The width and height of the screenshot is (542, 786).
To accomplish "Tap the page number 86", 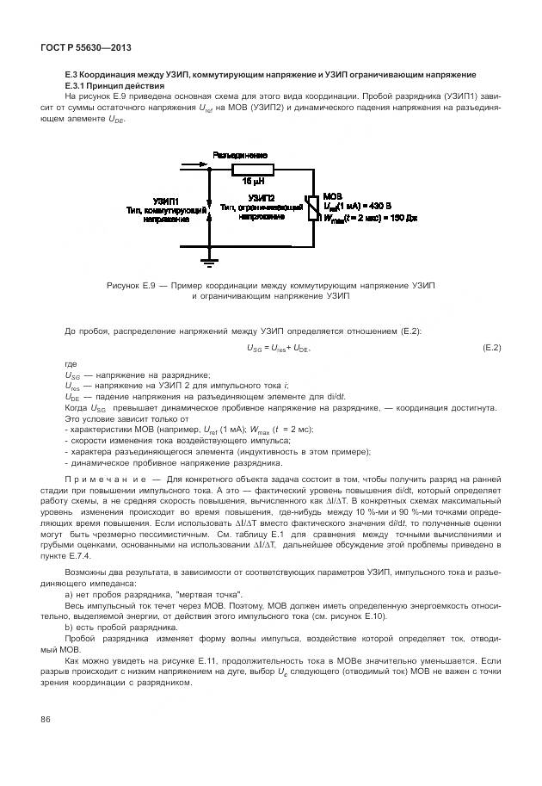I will [x=46, y=720].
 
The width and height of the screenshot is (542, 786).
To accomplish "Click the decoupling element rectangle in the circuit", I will [x=252, y=170].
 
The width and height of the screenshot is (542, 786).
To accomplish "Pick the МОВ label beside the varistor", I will [x=330, y=196].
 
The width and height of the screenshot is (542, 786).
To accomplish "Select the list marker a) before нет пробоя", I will [x=69, y=595].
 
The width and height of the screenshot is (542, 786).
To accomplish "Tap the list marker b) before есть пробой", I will [x=69, y=628].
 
